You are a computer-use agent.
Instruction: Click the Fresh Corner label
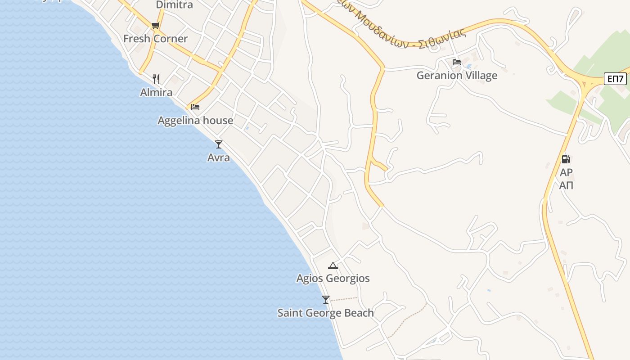tap(155, 39)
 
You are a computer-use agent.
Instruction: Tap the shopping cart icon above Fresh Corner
tap(155, 25)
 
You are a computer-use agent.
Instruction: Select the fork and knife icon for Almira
tap(156, 79)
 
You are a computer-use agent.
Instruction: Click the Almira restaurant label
tap(156, 93)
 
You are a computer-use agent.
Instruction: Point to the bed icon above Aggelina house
tap(195, 107)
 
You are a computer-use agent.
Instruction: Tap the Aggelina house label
tap(195, 121)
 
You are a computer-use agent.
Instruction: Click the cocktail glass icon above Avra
tap(219, 144)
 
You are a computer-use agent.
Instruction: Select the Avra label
tap(219, 158)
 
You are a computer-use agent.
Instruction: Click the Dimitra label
tap(174, 5)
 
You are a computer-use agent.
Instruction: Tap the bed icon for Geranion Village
tap(457, 62)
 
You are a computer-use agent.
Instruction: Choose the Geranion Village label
tap(457, 76)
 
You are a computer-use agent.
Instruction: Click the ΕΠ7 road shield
tap(615, 79)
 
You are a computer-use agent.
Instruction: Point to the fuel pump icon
tap(566, 159)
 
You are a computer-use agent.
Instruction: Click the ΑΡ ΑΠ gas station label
tap(566, 179)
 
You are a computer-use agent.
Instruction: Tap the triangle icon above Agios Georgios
tap(333, 265)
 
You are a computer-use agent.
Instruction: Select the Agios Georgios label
tap(333, 279)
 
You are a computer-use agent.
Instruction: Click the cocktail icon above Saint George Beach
tap(326, 299)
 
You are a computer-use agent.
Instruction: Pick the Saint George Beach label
tap(325, 313)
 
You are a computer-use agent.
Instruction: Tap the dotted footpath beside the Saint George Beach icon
tap(345, 299)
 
